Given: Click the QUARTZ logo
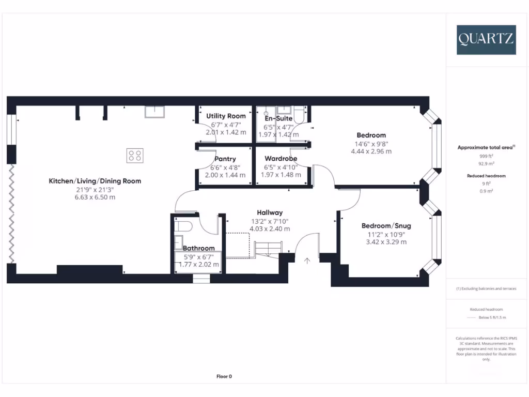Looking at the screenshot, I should point(486,40).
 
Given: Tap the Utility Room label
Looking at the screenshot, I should point(226,116).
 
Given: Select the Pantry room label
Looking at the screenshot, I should point(226,159).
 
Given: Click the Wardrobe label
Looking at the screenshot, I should point(281,159).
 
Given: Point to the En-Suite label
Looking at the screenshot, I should point(278,118).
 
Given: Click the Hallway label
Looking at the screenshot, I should point(270,212).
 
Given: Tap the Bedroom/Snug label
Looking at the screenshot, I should point(386,226).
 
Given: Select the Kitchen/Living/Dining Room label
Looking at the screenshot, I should point(95,181).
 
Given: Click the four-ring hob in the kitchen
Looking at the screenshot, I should point(135,155).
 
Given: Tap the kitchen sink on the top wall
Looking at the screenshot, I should point(154,111).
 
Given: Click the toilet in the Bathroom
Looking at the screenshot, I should point(184,226).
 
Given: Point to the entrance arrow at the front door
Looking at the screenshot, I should point(307,261).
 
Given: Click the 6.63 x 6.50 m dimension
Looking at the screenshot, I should point(95,197).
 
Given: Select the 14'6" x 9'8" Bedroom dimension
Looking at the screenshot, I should point(371,144).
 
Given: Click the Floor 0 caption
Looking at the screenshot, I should point(224,376).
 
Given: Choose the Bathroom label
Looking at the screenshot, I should point(199,248).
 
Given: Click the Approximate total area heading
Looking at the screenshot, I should point(486,147).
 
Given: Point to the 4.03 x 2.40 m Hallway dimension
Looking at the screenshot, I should point(270,228).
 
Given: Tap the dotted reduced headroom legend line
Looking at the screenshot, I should point(473,317).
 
